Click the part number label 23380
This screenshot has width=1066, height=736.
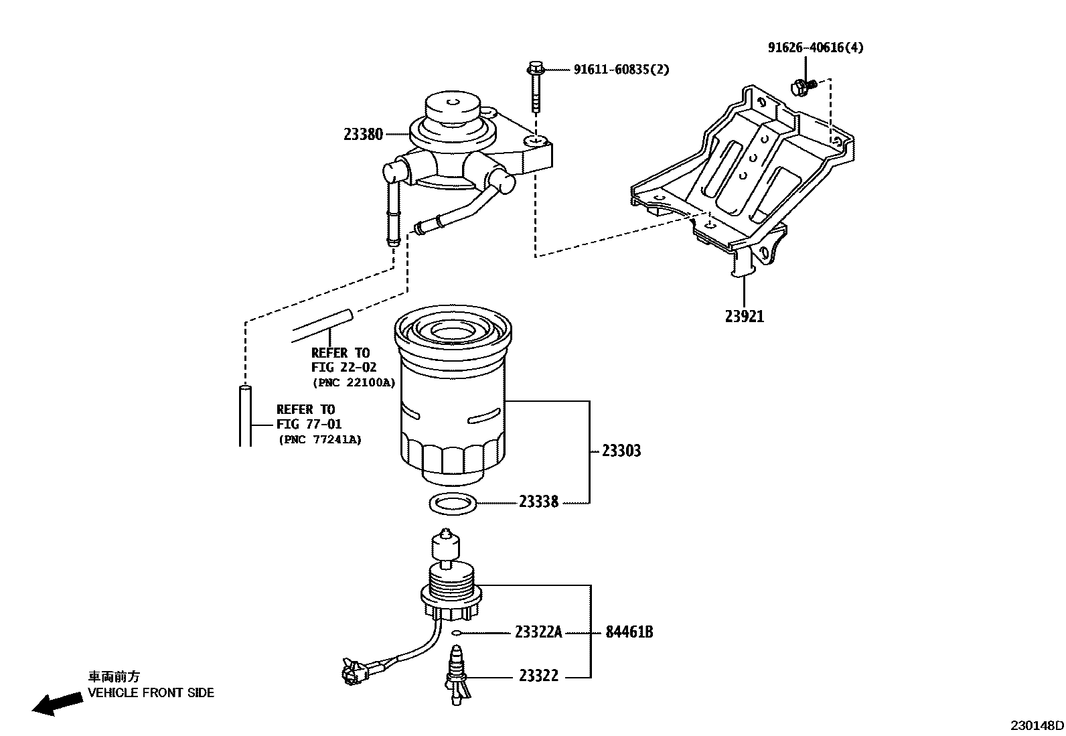tap(364, 135)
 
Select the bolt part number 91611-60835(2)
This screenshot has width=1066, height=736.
tap(621, 70)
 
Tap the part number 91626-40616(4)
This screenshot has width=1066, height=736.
tap(815, 48)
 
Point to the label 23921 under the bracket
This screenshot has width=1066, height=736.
tap(744, 316)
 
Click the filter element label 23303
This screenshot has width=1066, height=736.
tap(621, 451)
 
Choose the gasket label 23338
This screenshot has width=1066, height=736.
tap(538, 502)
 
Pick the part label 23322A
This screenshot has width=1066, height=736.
tap(538, 632)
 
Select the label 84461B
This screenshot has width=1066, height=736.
tap(629, 632)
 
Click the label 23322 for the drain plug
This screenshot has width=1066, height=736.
tap(538, 676)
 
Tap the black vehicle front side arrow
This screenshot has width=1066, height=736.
tap(55, 704)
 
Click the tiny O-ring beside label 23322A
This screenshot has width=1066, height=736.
tap(456, 632)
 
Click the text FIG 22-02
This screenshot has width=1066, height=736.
tap(344, 368)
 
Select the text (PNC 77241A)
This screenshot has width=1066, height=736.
tap(319, 439)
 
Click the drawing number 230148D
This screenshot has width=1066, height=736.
tap(1037, 725)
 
